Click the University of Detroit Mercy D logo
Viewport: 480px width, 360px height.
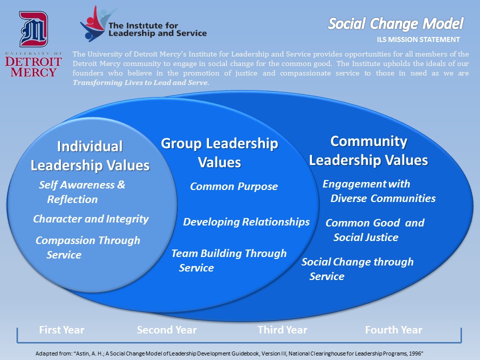tap(33, 29)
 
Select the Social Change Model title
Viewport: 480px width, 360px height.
tap(395, 24)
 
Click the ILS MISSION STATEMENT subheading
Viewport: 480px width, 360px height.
tap(418, 39)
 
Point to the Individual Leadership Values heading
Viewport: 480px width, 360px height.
tap(90, 156)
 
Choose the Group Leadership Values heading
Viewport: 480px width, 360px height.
tap(219, 153)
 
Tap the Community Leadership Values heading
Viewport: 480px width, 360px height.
tap(368, 150)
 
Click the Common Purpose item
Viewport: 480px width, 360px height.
tap(234, 186)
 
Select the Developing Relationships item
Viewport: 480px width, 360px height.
tap(246, 222)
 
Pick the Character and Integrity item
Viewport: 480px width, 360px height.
tap(91, 219)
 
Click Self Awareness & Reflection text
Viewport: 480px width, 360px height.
tap(82, 192)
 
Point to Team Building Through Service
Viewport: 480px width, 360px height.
tap(229, 260)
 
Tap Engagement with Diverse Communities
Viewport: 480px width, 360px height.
tap(379, 191)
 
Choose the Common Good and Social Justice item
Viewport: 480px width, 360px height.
tap(375, 230)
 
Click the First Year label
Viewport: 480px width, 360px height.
tap(61, 330)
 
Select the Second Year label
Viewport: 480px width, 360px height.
tap(167, 330)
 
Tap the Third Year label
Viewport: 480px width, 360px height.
tap(282, 330)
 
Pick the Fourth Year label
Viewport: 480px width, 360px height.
tap(393, 330)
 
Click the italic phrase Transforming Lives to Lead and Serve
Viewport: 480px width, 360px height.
tap(141, 82)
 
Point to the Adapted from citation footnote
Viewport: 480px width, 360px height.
tap(229, 353)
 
